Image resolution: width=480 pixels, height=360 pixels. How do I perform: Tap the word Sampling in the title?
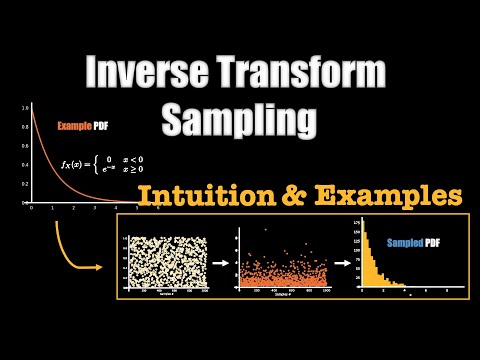pyautogui.click(x=246, y=119)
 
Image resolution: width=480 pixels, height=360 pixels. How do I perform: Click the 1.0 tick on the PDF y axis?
pyautogui.click(x=23, y=105)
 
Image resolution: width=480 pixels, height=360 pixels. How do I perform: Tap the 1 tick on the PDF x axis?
pyautogui.click(x=55, y=208)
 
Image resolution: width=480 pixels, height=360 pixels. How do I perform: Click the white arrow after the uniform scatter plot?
pyautogui.click(x=220, y=265)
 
